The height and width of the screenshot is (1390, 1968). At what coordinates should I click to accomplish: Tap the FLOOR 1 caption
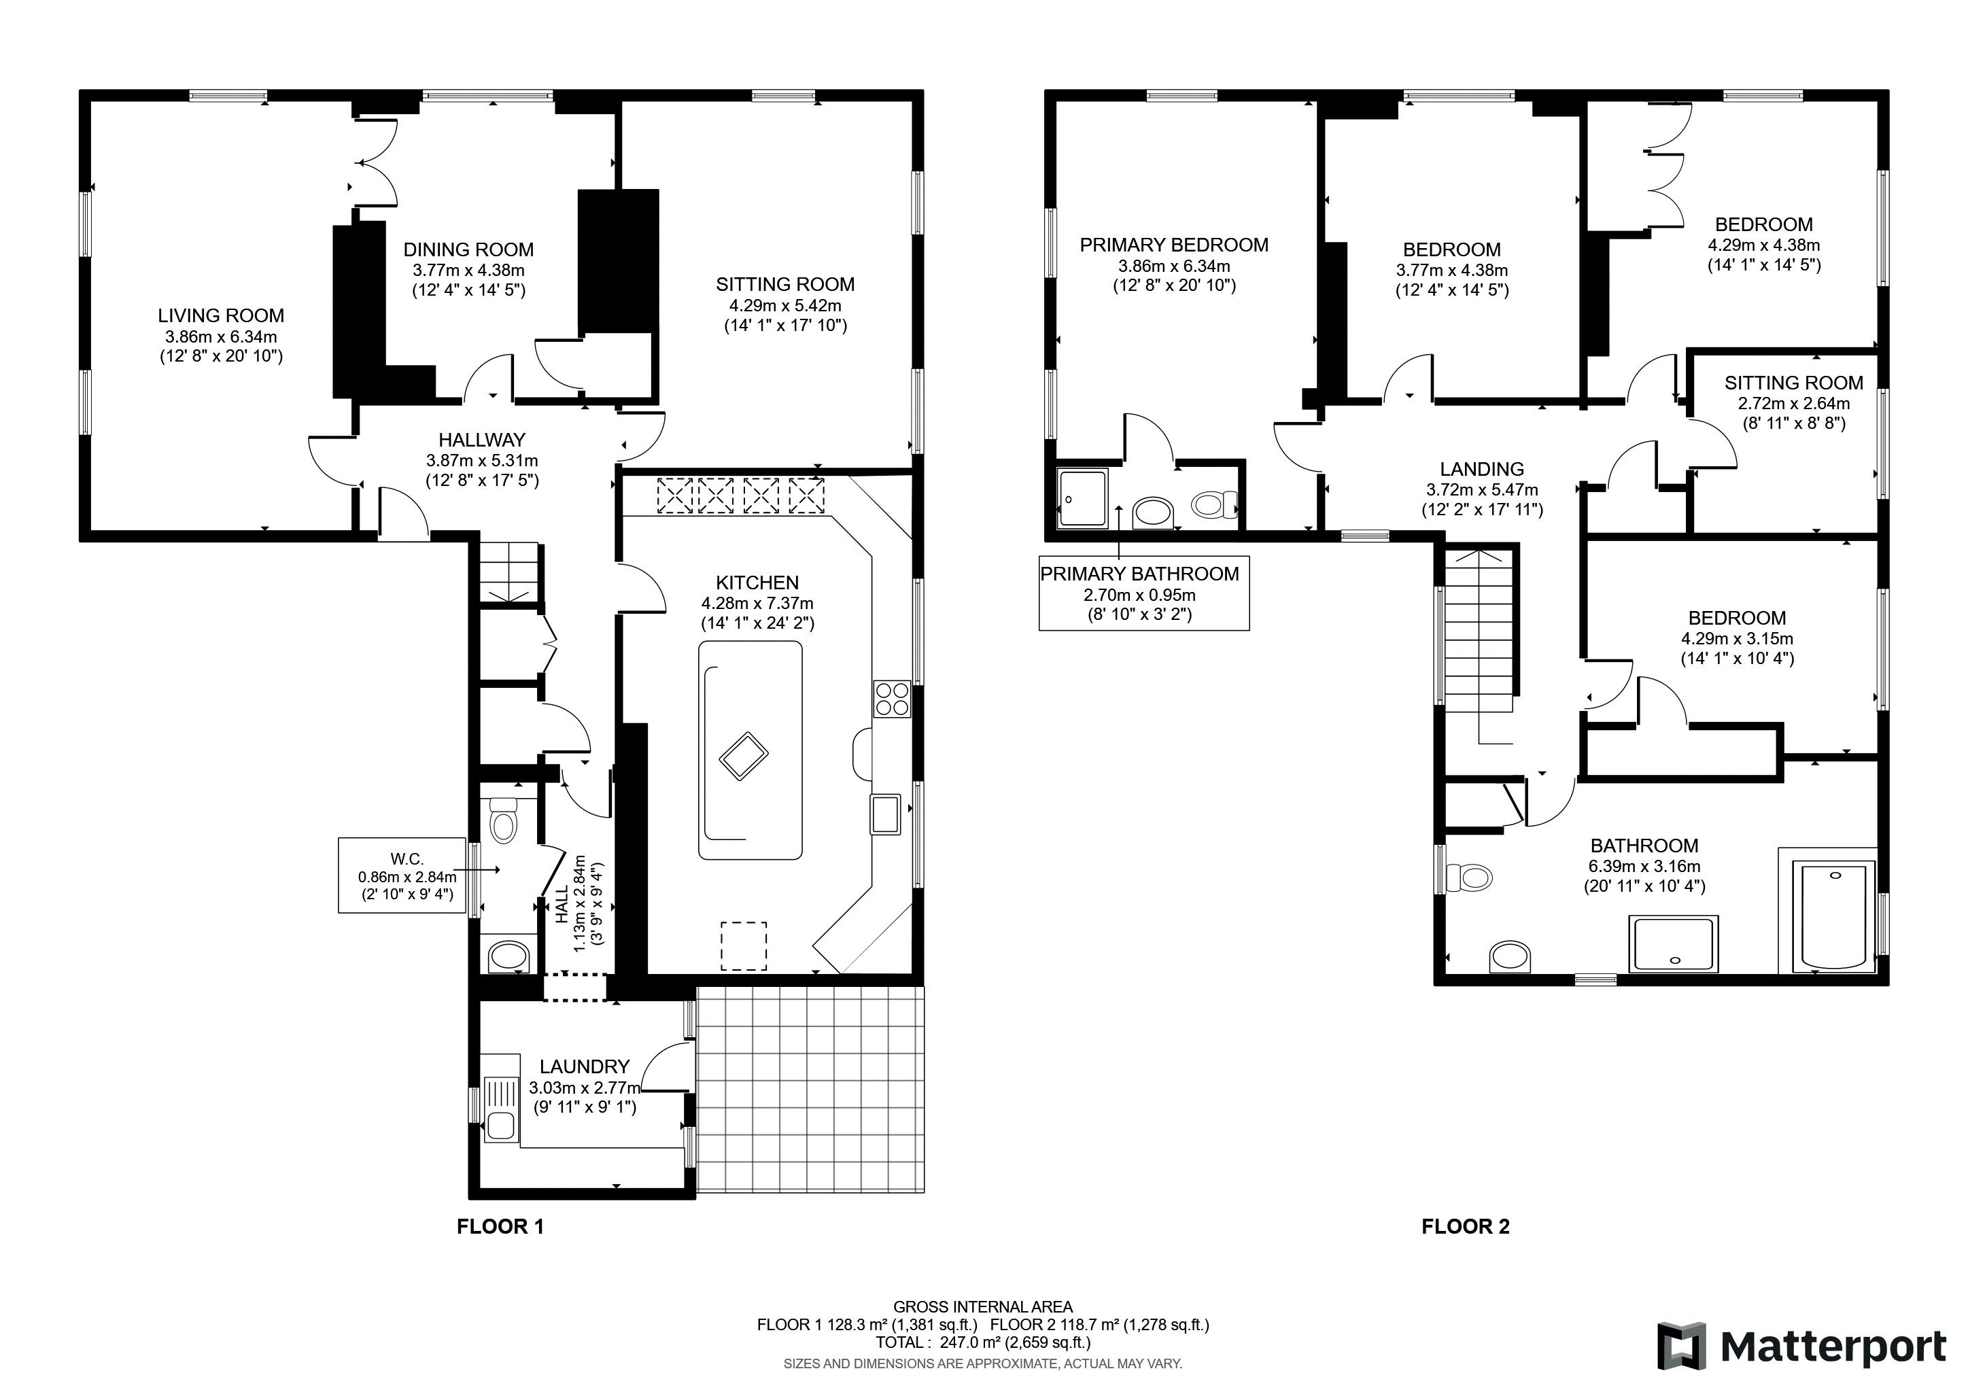pyautogui.click(x=500, y=1226)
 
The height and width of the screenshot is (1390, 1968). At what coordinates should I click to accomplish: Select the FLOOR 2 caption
pyautogui.click(x=1466, y=1226)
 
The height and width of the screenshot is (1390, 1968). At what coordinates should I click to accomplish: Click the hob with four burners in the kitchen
pyautogui.click(x=893, y=699)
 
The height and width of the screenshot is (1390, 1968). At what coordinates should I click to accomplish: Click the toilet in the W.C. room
pyautogui.click(x=502, y=820)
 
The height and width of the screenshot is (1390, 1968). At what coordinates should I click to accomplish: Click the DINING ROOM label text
pyautogui.click(x=468, y=249)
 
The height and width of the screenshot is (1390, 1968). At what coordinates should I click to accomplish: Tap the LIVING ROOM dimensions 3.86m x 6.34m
pyautogui.click(x=221, y=336)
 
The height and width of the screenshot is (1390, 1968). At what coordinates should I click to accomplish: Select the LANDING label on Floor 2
pyautogui.click(x=1482, y=469)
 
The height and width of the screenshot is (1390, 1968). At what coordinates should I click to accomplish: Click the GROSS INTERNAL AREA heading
pyautogui.click(x=983, y=1307)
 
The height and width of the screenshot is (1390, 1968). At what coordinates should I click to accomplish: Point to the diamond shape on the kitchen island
pyautogui.click(x=742, y=755)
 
